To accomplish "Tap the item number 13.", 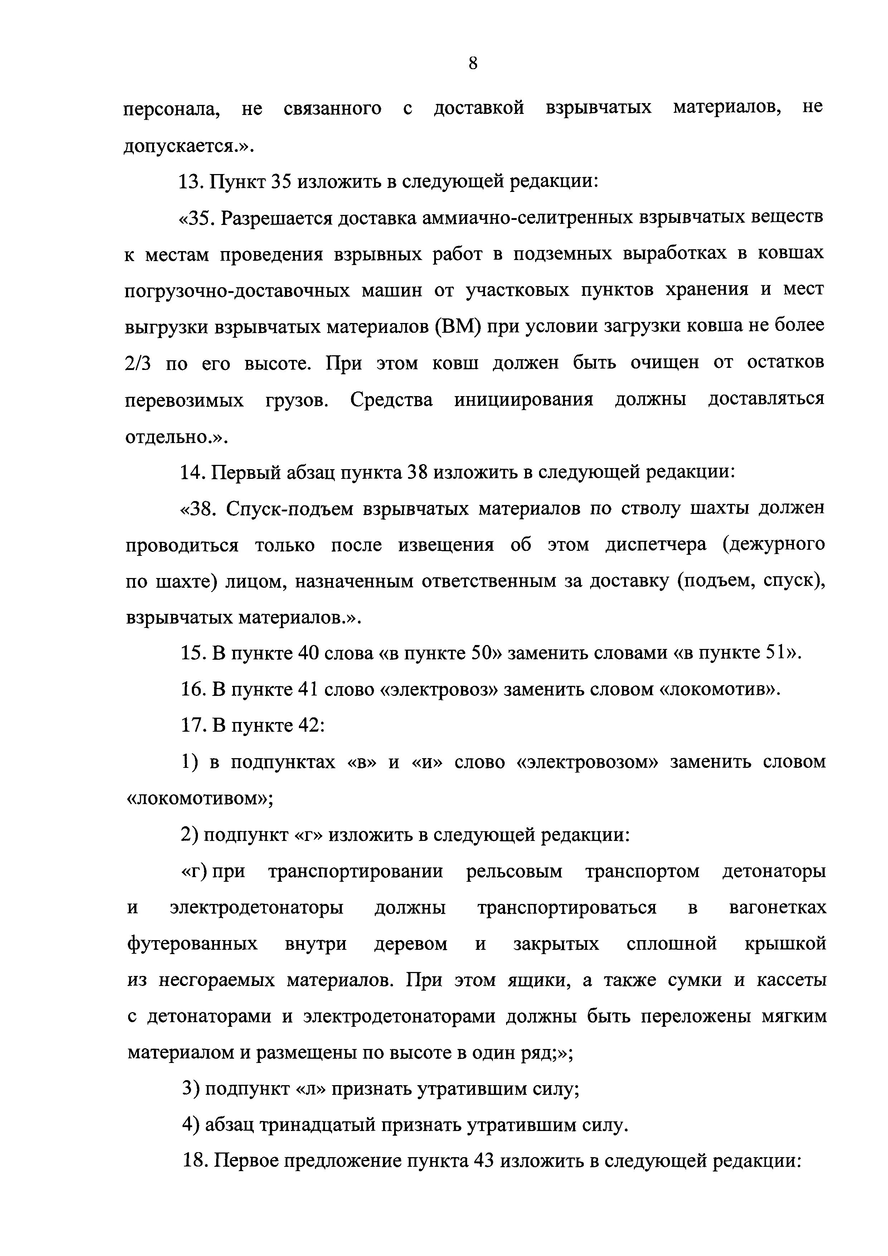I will coord(191,181).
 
